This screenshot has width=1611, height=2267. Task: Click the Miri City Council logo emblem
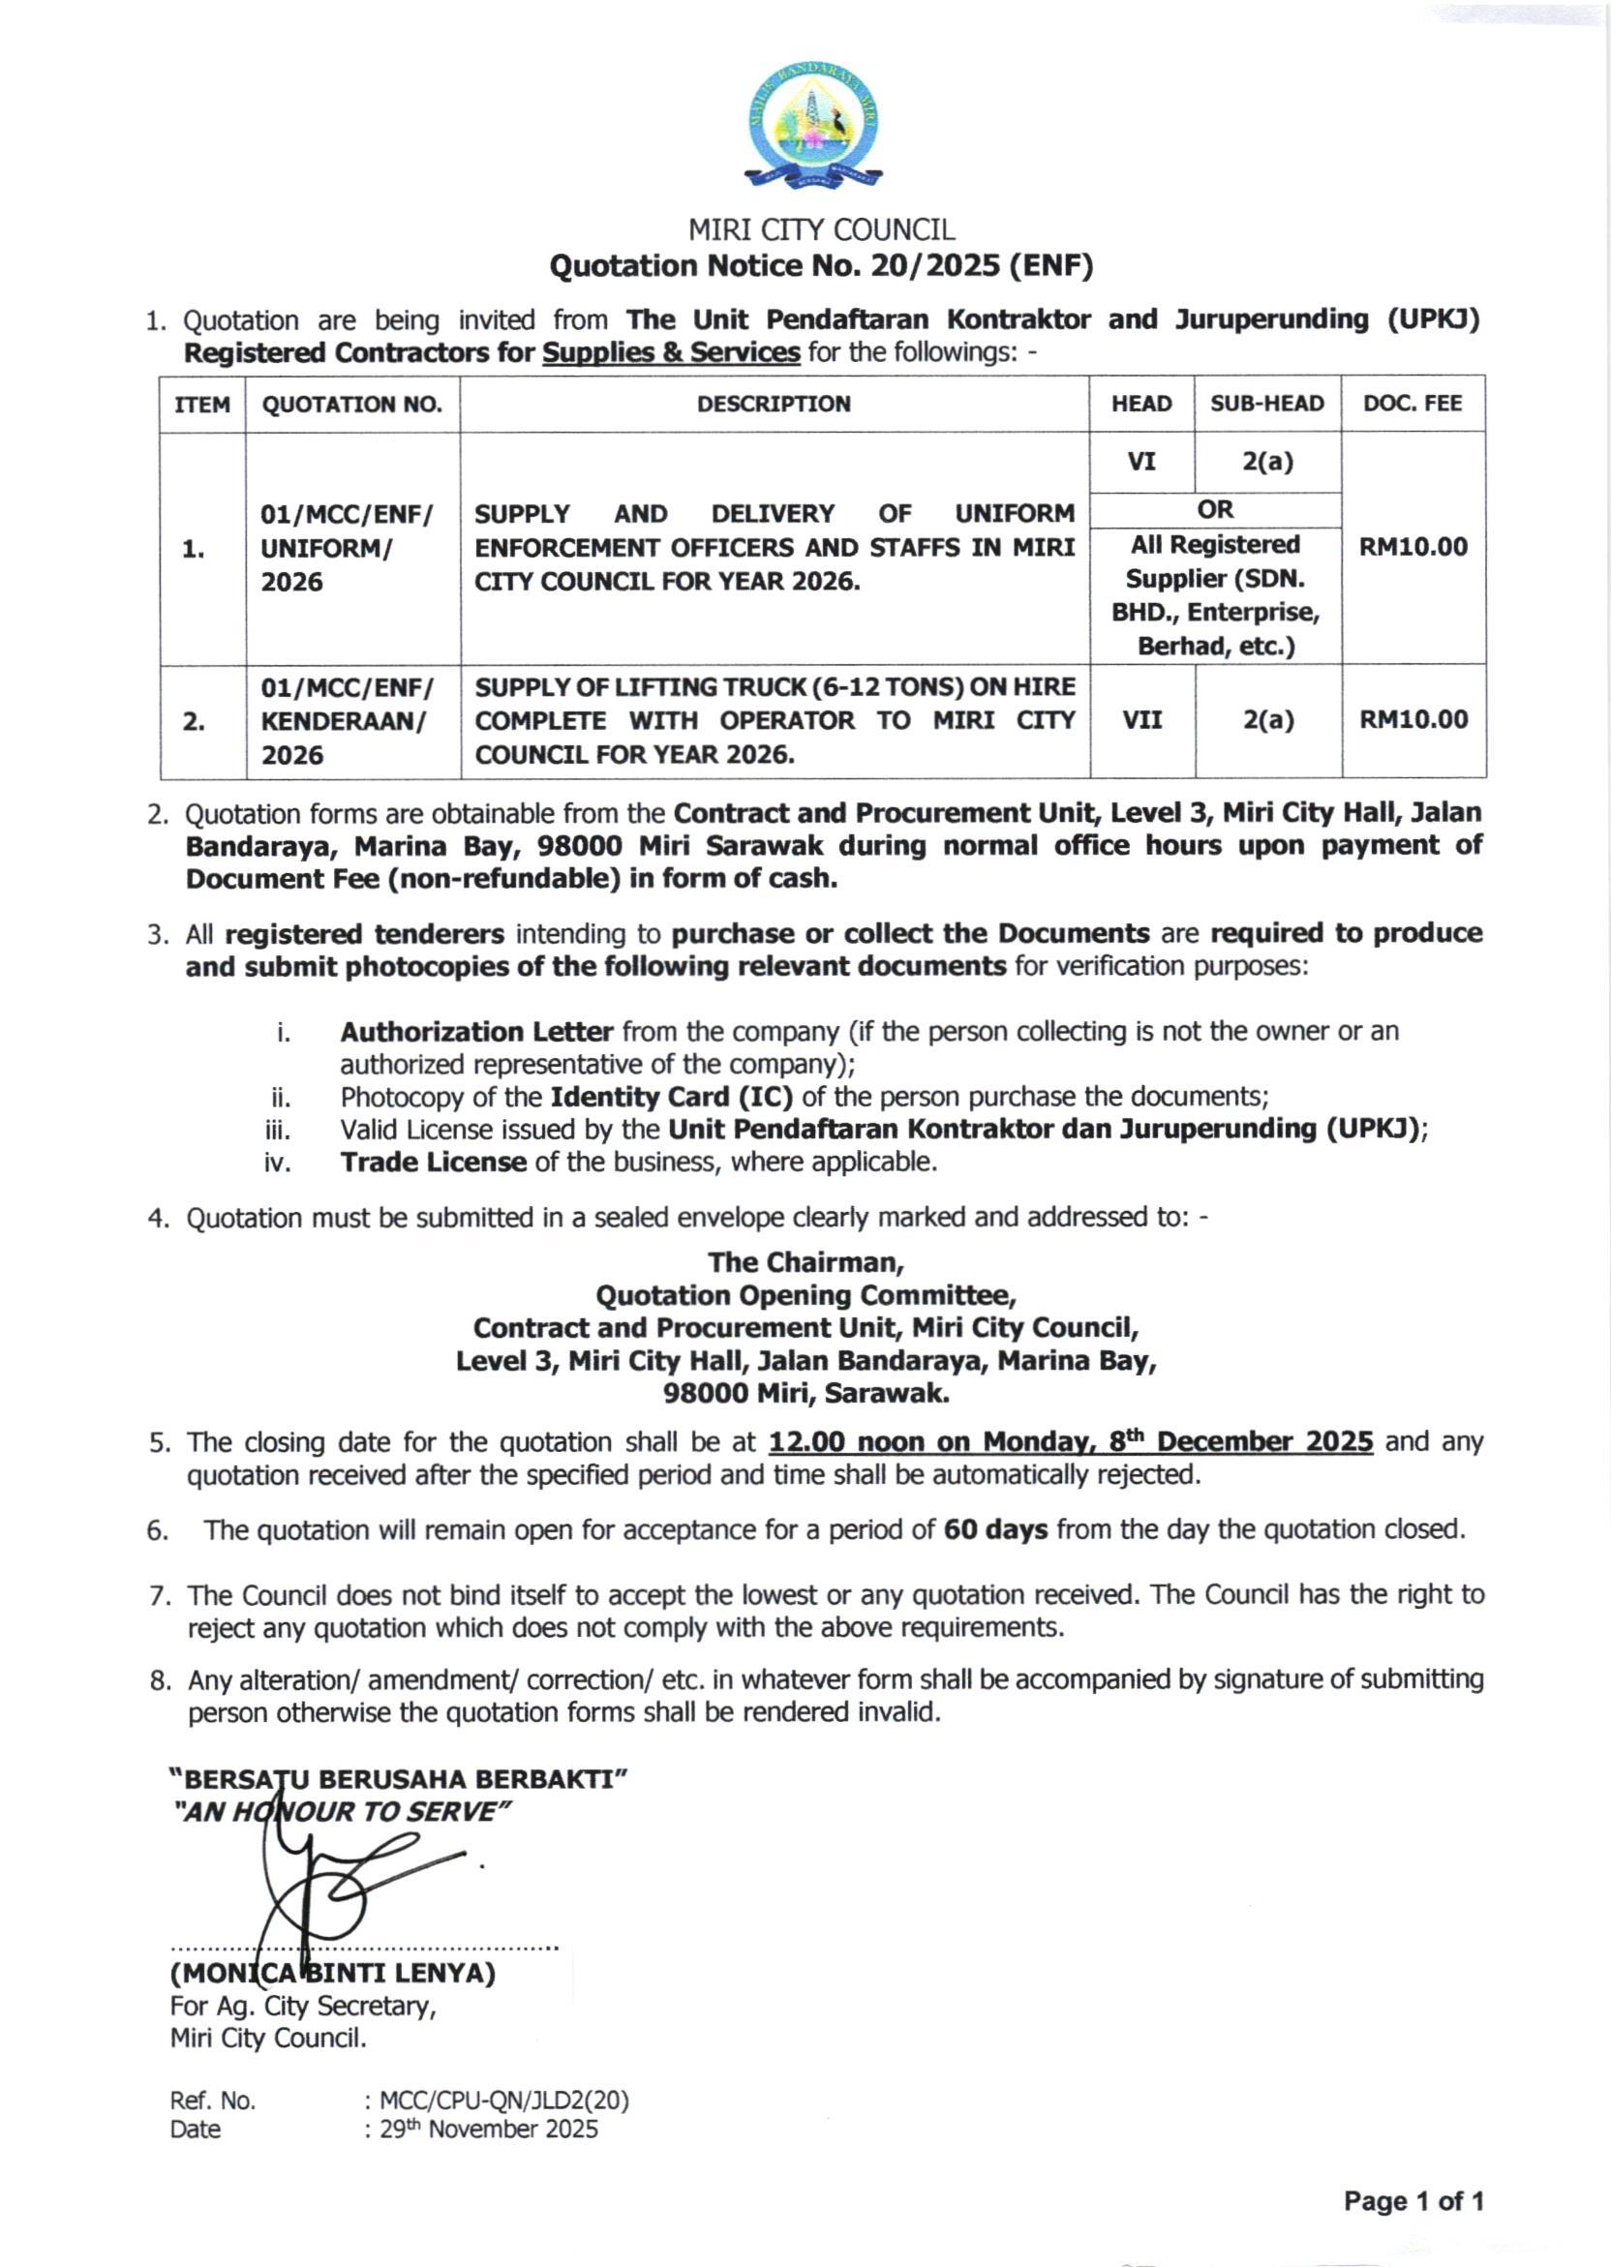(x=812, y=124)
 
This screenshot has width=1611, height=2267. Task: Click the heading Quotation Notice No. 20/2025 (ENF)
(x=821, y=266)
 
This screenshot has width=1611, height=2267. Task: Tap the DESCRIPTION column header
(x=774, y=404)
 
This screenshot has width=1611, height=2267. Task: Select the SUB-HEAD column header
(x=1266, y=404)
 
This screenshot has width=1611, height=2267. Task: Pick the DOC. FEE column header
(x=1413, y=404)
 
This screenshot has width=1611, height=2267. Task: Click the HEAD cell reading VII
(x=1141, y=720)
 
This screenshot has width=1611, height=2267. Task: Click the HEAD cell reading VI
(x=1141, y=461)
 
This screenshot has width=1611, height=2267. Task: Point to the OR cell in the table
(x=1215, y=509)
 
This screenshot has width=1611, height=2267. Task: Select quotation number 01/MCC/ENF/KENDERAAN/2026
(x=348, y=721)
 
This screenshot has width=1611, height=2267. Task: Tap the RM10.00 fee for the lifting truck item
(x=1413, y=720)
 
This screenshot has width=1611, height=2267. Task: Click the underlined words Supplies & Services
(x=671, y=353)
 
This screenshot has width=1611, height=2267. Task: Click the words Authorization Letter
(x=476, y=1033)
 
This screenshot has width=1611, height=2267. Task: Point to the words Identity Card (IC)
(x=672, y=1097)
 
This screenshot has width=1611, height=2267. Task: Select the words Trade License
(x=433, y=1163)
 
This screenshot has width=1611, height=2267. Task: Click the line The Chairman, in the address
(x=805, y=1262)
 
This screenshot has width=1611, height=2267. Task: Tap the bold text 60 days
(x=995, y=1530)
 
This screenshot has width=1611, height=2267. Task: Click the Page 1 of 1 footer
(x=1413, y=2202)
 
